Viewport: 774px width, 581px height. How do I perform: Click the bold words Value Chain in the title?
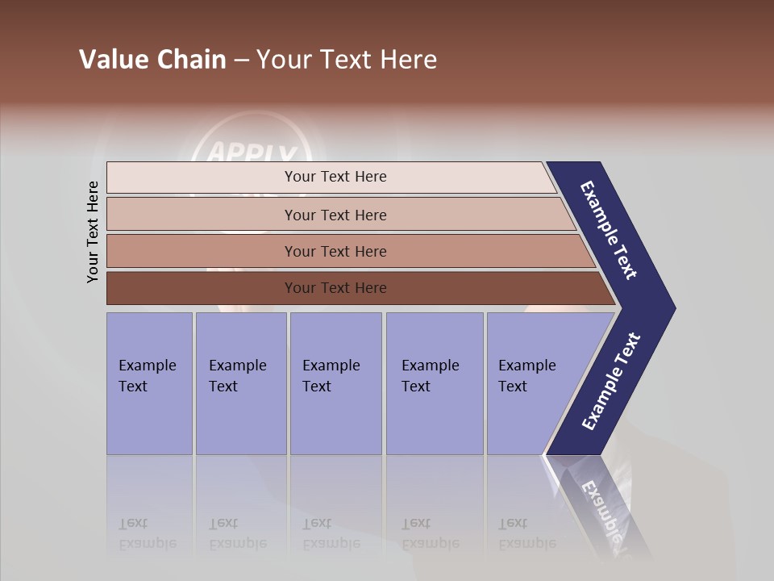pos(152,60)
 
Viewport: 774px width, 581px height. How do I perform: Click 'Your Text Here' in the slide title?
pos(347,60)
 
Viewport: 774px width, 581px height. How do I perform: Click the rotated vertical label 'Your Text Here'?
pos(93,232)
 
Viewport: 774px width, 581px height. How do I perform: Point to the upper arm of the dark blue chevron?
pos(609,230)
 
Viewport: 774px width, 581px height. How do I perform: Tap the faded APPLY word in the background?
pos(252,153)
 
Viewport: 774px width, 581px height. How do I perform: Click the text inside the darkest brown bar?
pos(335,288)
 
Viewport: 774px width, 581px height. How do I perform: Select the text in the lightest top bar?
pos(335,177)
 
